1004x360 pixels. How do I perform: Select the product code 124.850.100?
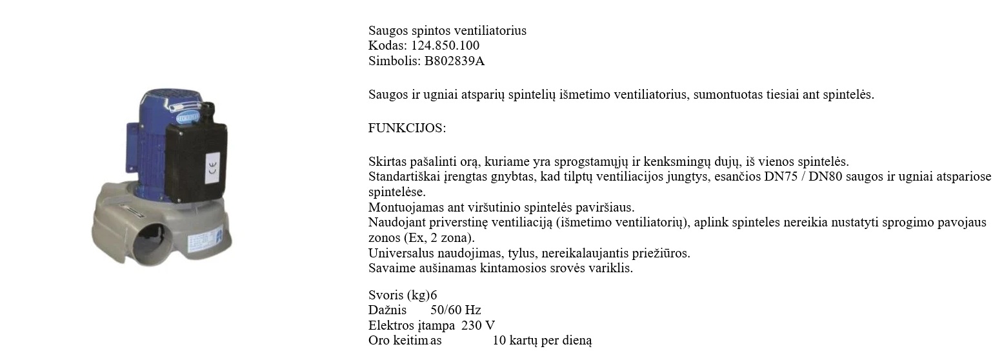tap(445, 46)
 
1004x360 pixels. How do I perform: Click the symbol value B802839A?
tap(454, 61)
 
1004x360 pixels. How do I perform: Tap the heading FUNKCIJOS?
tap(407, 128)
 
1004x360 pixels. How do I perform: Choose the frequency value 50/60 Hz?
tap(456, 310)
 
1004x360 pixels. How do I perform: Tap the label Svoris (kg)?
tap(399, 295)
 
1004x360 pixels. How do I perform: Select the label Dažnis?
tap(387, 310)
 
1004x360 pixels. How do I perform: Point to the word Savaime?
tap(390, 268)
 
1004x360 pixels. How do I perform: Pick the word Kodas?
tap(387, 46)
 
